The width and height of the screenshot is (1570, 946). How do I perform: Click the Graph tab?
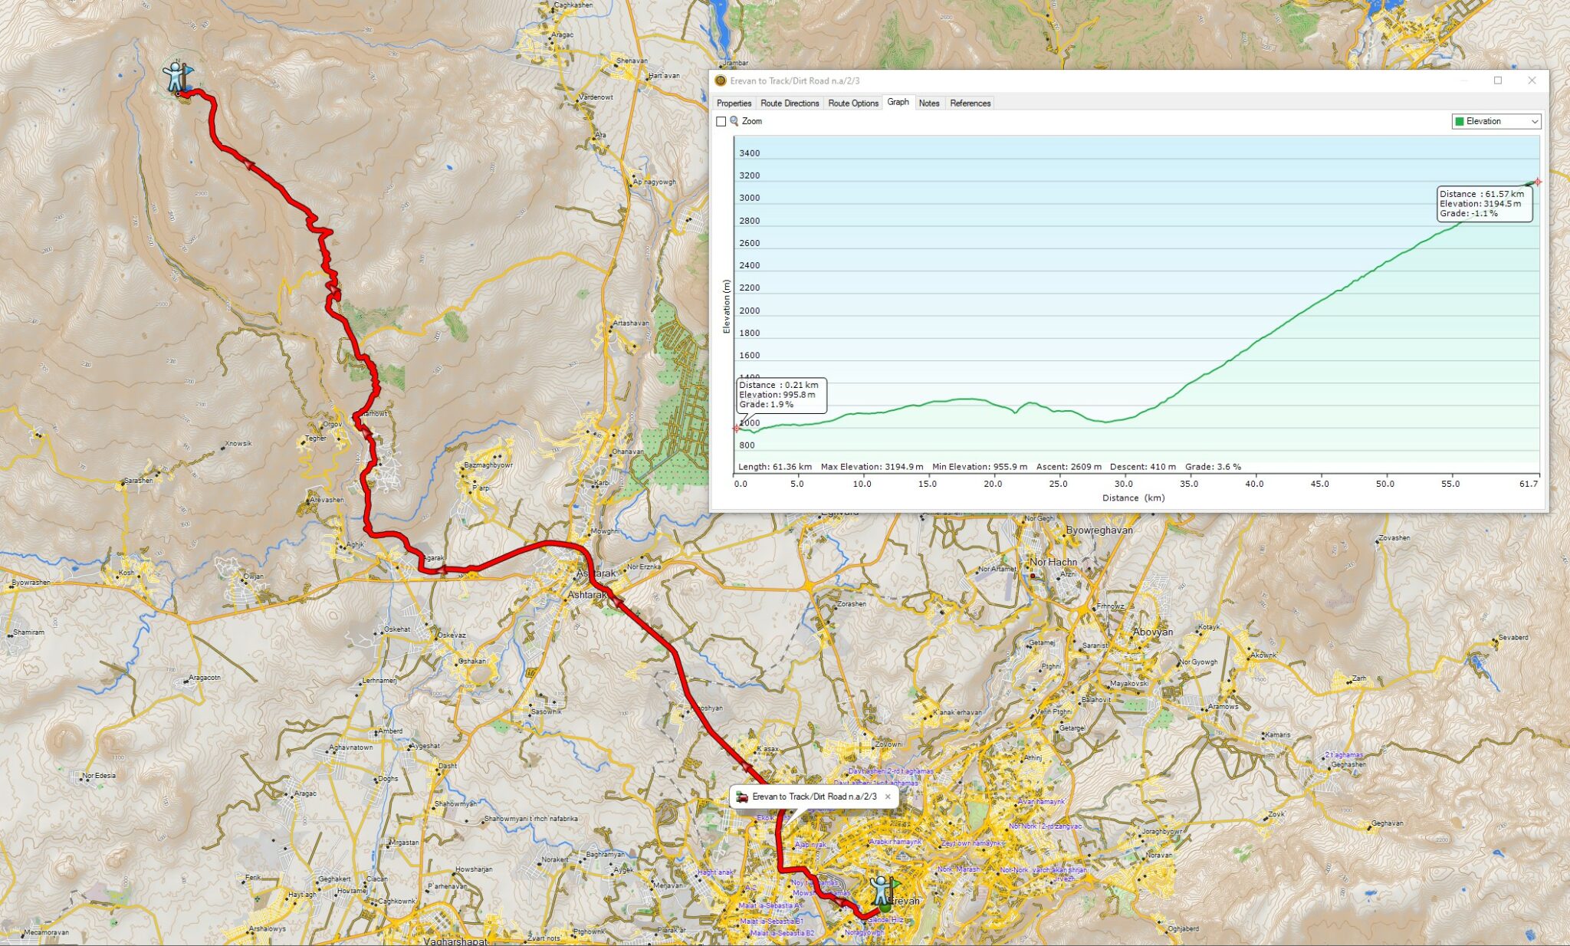point(898,102)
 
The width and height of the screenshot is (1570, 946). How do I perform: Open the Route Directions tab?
point(790,103)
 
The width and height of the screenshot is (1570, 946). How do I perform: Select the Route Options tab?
point(853,103)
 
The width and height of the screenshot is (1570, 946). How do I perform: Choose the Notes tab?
point(928,103)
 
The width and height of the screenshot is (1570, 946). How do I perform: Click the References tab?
point(970,103)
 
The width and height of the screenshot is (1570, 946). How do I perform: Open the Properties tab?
point(734,103)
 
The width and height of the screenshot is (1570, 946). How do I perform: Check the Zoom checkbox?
point(721,121)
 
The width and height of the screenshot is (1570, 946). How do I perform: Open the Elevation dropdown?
point(1496,121)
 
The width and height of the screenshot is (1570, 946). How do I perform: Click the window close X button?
point(1532,80)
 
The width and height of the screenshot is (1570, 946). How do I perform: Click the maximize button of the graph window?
point(1497,80)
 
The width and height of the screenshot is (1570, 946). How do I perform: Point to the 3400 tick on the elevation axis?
point(749,153)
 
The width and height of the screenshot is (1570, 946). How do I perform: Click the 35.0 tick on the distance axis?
point(1189,484)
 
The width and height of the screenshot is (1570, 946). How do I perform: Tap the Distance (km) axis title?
point(1133,498)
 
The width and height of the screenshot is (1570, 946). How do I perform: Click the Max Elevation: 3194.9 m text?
point(872,466)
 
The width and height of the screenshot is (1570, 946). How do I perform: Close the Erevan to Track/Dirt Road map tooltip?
point(888,797)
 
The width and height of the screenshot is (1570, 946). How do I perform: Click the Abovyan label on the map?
point(1153,632)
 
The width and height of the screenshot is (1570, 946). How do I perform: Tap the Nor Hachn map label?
point(1053,562)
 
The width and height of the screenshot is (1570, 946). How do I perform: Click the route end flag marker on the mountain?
point(178,77)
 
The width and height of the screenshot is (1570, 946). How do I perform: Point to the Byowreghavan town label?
point(1099,530)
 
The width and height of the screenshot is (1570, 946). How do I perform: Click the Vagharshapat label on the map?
point(455,941)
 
